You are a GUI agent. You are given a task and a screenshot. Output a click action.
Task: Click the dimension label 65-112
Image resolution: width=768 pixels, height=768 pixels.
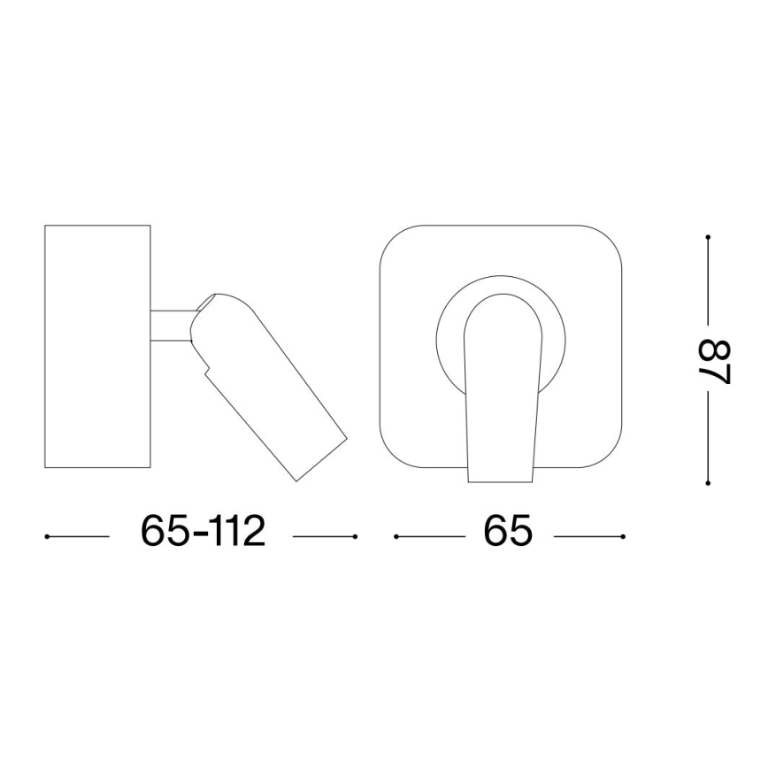coord(203,531)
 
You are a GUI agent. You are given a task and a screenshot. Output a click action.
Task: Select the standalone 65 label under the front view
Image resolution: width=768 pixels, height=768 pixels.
coord(508,531)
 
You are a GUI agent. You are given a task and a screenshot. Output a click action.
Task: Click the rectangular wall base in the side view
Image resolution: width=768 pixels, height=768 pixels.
coord(97,346)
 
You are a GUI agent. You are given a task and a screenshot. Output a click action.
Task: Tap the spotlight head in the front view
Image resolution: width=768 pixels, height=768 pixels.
coord(503,387)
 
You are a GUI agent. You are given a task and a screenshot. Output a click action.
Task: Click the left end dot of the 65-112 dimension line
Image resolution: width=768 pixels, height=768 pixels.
coord(47,537)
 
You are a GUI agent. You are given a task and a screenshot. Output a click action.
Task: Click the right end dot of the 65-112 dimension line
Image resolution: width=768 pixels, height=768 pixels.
coord(355,537)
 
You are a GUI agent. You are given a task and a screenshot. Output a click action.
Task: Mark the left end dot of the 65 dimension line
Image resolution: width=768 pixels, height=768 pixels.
coord(396,537)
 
